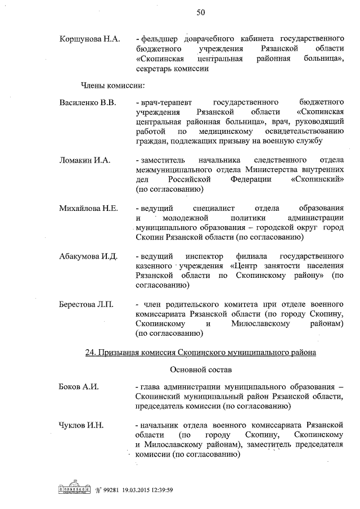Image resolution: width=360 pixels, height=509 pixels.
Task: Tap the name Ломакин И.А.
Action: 84,160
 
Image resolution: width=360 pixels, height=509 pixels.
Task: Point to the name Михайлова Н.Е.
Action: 88,208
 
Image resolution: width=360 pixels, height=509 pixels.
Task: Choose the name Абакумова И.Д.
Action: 88,256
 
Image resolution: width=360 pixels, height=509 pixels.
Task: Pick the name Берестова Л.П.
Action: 86,305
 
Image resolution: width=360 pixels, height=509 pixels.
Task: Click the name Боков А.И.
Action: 79,388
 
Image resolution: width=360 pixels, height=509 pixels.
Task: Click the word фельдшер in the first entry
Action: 159,39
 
